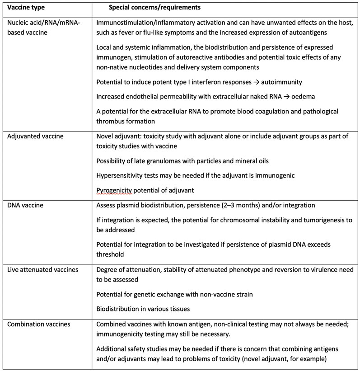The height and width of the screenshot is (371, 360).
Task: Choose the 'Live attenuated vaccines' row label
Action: (40, 269)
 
